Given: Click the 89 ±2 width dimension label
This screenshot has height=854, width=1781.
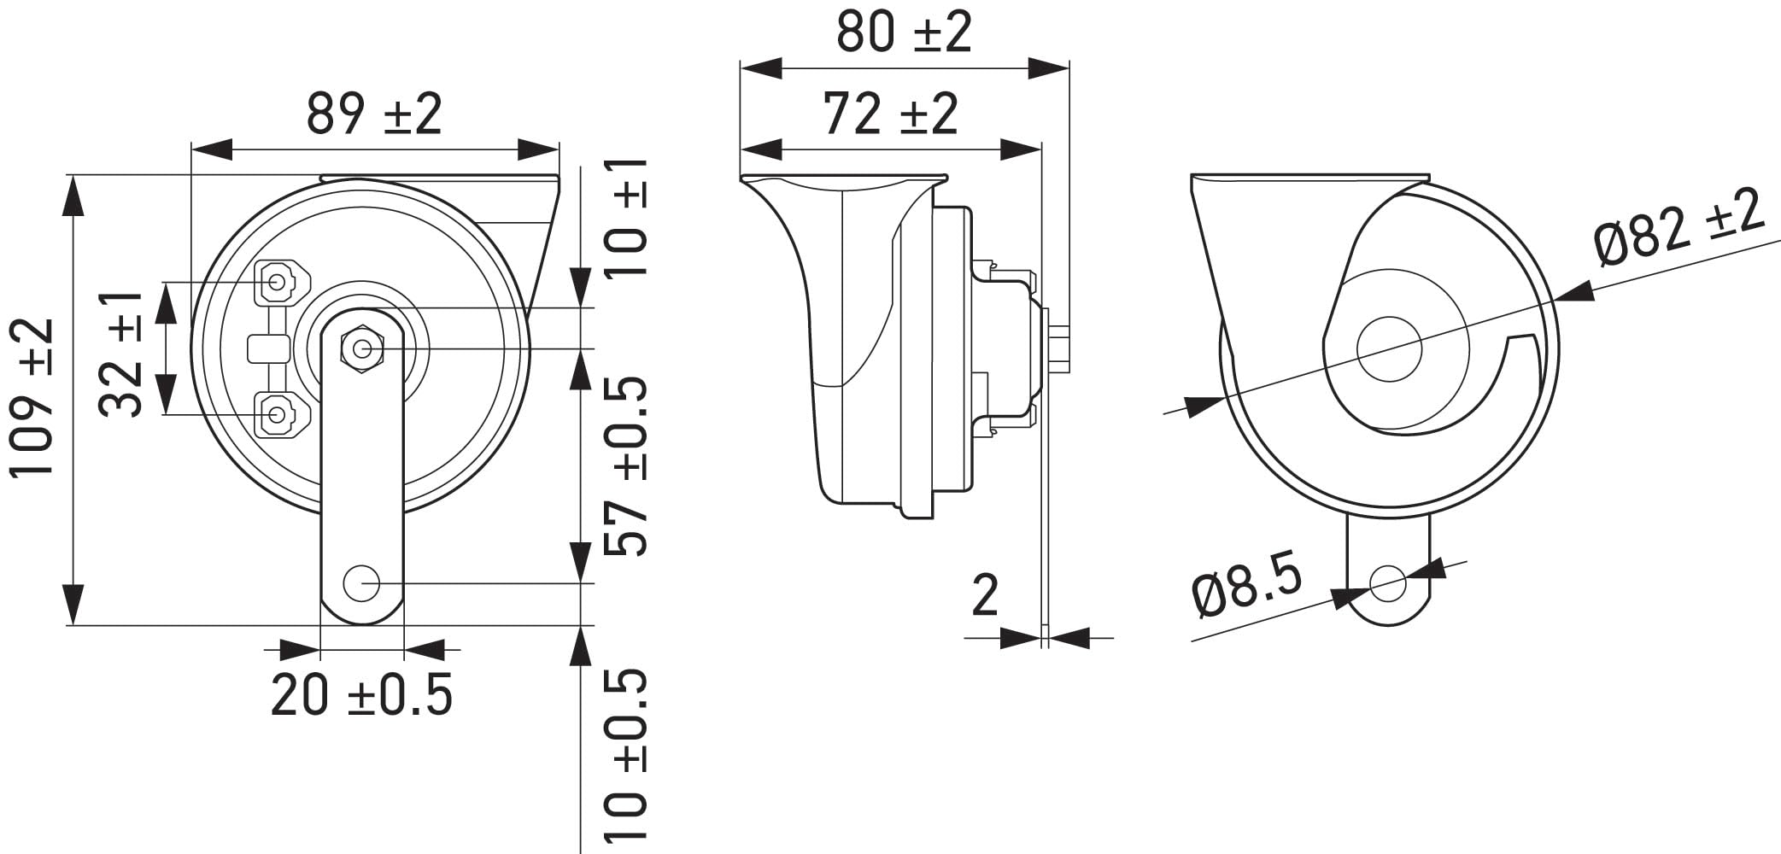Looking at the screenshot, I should [x=374, y=114].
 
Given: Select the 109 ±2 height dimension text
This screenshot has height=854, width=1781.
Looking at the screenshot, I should [x=34, y=397].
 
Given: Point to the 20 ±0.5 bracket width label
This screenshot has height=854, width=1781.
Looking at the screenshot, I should [x=361, y=694].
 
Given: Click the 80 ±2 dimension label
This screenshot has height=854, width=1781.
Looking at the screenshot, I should [x=904, y=32].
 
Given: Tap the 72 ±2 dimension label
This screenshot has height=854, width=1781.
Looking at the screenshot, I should [x=890, y=114].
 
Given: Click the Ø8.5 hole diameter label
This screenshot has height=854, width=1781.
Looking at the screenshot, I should [x=1247, y=585].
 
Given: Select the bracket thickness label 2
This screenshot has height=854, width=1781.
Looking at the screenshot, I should [x=985, y=595].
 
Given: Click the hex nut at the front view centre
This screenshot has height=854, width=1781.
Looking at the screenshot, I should [x=362, y=348].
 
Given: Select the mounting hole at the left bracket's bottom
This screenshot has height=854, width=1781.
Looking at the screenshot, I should [x=361, y=583].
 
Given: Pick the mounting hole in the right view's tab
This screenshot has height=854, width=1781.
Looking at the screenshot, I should [x=1388, y=584].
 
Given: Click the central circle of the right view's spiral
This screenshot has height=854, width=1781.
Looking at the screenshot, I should [x=1389, y=348].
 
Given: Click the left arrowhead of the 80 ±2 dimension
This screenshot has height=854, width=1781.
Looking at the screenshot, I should [x=760, y=69].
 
